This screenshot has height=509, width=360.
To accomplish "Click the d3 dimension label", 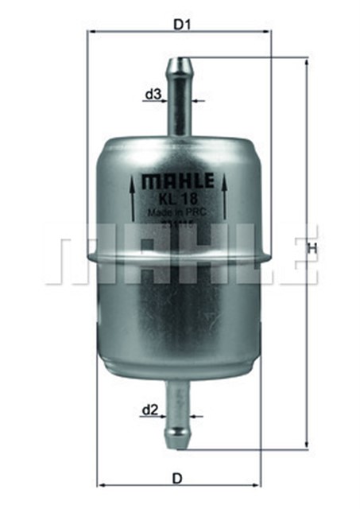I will (153, 95).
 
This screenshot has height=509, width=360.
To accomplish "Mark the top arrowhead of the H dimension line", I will (306, 61).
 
